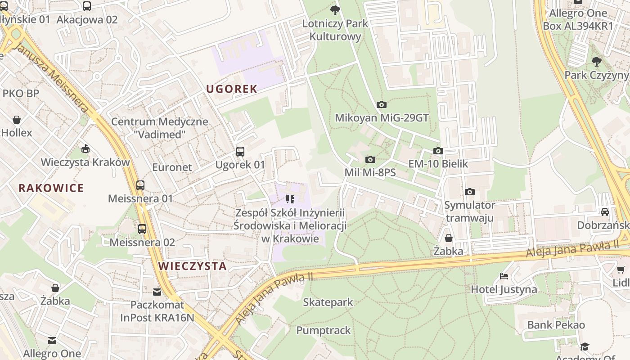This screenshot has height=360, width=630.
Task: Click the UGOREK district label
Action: (x=231, y=89)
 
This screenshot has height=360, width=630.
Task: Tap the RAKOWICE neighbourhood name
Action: (x=51, y=188)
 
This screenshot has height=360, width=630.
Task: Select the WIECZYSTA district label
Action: (x=192, y=266)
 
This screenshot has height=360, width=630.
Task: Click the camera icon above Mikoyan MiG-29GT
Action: (x=381, y=105)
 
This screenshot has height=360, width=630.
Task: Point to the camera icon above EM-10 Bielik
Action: (x=438, y=151)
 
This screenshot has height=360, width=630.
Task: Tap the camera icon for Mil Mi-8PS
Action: (x=370, y=159)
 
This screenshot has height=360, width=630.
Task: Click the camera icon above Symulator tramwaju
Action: (x=469, y=192)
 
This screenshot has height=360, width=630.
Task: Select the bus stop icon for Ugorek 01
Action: (x=240, y=152)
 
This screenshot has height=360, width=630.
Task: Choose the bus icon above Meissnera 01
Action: (x=140, y=185)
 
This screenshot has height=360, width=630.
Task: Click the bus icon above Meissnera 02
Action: (x=142, y=229)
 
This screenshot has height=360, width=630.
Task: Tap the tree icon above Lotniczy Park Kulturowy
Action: (x=335, y=10)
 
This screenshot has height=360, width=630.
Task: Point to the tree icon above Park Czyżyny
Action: (x=597, y=61)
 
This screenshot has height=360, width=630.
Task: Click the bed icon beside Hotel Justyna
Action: (x=504, y=276)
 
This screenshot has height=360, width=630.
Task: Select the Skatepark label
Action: (x=328, y=302)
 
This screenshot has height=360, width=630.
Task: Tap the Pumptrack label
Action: (x=323, y=330)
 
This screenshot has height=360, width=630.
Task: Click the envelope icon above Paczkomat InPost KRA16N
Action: (x=157, y=292)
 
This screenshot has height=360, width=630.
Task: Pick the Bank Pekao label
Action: (x=556, y=325)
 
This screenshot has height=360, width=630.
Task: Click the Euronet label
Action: (x=172, y=167)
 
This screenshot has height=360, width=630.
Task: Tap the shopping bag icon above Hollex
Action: (x=17, y=120)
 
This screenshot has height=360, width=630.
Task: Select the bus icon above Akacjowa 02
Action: (x=87, y=6)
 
